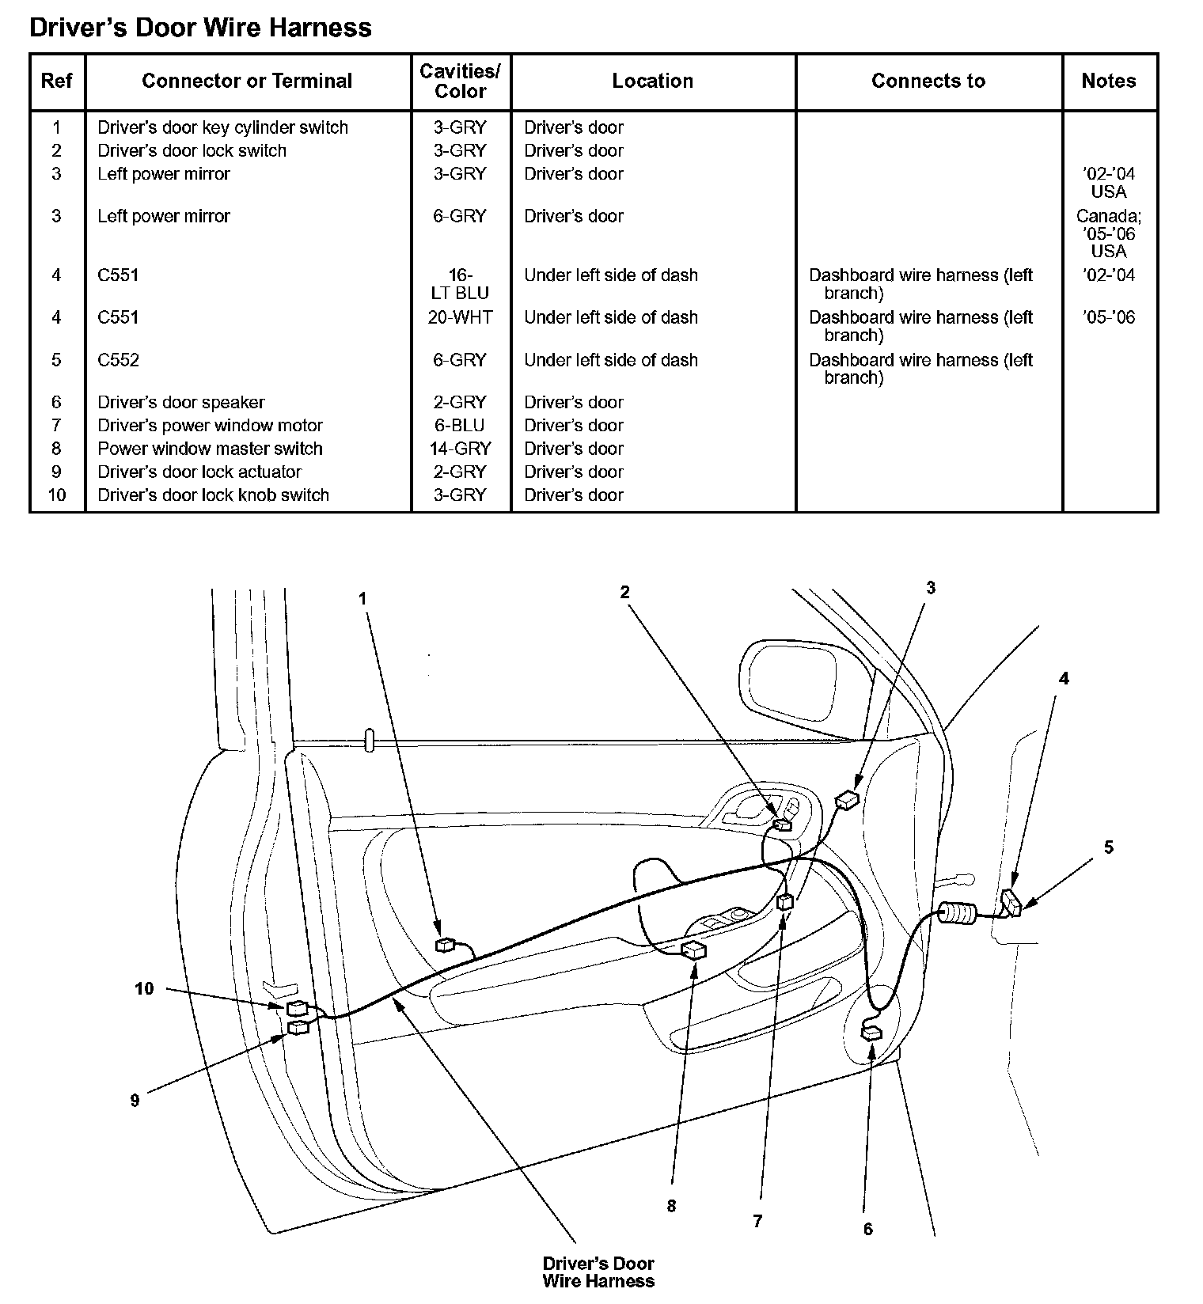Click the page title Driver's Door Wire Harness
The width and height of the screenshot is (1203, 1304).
click(x=200, y=28)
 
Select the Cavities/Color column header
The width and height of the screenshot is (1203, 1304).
click(x=460, y=81)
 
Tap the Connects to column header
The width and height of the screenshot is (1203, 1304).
click(x=928, y=81)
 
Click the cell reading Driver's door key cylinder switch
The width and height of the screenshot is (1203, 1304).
click(x=222, y=127)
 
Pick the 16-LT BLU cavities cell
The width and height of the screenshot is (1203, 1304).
click(x=460, y=284)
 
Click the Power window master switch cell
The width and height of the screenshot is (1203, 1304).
click(x=210, y=449)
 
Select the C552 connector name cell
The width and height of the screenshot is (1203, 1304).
click(x=119, y=360)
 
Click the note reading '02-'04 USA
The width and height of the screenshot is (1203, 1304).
click(x=1108, y=182)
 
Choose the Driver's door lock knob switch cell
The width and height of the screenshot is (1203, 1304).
click(x=213, y=495)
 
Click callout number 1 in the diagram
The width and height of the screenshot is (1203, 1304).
click(x=363, y=599)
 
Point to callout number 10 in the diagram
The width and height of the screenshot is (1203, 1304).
click(x=144, y=988)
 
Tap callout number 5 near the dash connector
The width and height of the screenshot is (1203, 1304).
click(x=1108, y=847)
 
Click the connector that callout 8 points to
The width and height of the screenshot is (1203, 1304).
click(x=693, y=950)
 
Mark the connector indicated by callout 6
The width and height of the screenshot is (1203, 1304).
click(x=871, y=1033)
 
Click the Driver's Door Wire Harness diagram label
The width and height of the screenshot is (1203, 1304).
click(x=598, y=1272)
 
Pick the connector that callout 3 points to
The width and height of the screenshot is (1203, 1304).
click(x=847, y=800)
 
